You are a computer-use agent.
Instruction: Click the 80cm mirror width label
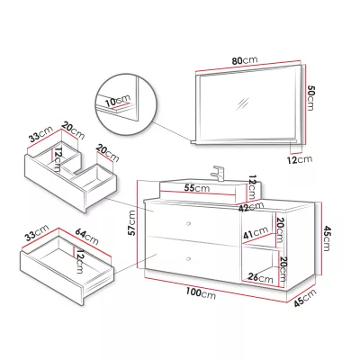[245, 60]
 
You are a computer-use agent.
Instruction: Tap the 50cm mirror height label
[310, 98]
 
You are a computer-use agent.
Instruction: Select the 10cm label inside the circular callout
[118, 101]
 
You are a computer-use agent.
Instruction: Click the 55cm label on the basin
[197, 188]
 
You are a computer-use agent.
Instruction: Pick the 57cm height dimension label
[132, 223]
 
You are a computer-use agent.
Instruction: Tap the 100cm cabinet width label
[201, 292]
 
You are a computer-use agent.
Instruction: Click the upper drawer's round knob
[189, 223]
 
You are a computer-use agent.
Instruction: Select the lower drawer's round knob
[188, 259]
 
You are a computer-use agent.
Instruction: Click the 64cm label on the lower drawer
[86, 236]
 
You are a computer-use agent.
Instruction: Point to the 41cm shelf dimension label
[256, 232]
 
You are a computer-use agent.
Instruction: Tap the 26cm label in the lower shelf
[261, 278]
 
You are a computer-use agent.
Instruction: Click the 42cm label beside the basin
[251, 207]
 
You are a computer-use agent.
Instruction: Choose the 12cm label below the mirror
[300, 159]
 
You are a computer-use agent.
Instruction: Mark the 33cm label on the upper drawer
[40, 135]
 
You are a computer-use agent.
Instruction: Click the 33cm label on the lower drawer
[37, 233]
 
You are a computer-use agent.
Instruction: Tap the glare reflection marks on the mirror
[242, 103]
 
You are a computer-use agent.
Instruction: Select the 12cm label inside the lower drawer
[79, 261]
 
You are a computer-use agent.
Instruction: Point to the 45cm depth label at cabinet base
[305, 298]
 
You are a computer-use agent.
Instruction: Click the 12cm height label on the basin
[252, 187]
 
